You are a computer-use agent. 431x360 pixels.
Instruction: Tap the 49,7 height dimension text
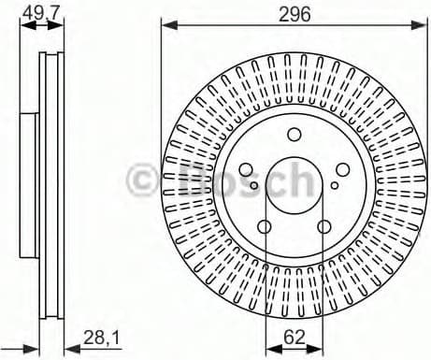pos(36,12)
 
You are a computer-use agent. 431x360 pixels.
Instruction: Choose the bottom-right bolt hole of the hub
pos(323,227)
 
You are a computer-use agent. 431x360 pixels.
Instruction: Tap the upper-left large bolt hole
pos(245,169)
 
